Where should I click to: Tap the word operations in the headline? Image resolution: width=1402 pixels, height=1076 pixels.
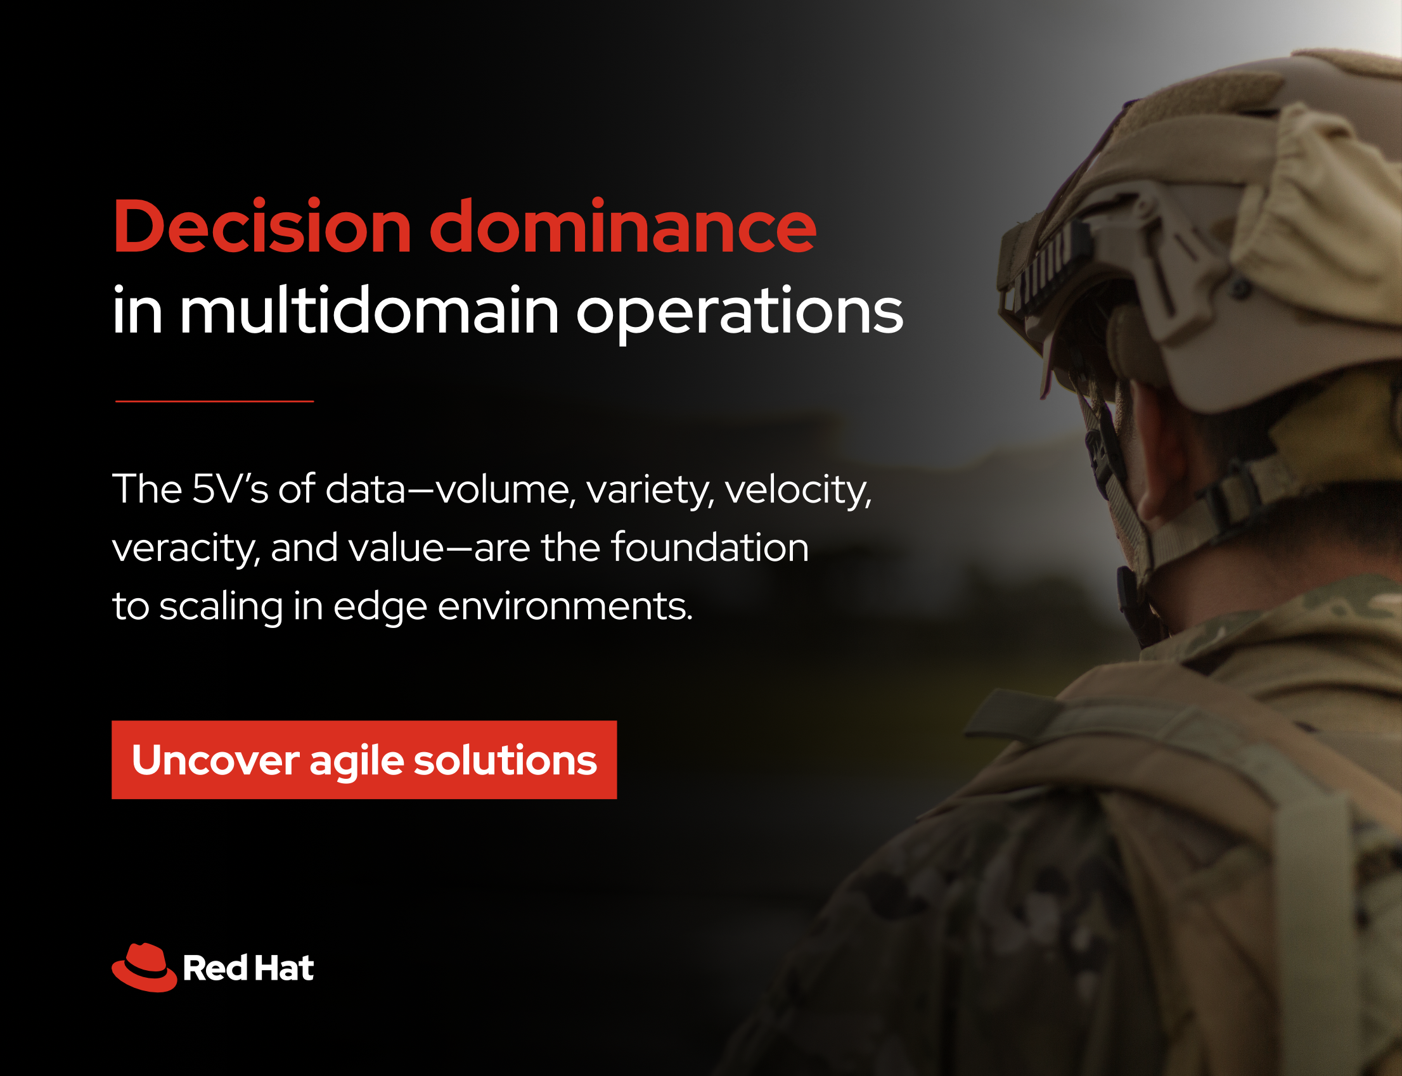(x=740, y=314)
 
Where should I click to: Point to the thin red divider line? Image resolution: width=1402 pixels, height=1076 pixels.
(x=215, y=401)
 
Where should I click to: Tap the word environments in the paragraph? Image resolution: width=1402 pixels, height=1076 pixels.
(x=565, y=606)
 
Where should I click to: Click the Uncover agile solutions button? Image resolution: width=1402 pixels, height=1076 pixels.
(x=364, y=760)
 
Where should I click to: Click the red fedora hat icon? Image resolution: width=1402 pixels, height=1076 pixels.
(x=145, y=967)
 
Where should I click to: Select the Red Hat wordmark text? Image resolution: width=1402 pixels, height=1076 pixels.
(x=248, y=968)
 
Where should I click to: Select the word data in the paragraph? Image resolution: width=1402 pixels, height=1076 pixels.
(x=366, y=489)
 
